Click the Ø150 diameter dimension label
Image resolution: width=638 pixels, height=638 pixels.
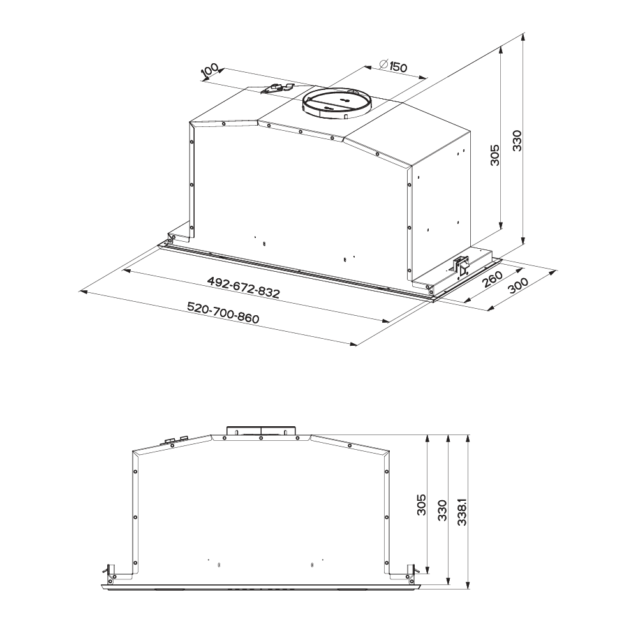tap(392, 66)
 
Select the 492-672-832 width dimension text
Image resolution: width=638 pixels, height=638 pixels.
tap(243, 287)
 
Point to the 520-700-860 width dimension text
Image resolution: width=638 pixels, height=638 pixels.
tap(223, 312)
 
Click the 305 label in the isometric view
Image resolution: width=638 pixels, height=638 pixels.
tap(494, 154)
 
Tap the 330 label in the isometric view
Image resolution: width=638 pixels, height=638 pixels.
tap(517, 140)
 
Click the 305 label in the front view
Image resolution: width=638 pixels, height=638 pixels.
tap(422, 505)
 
